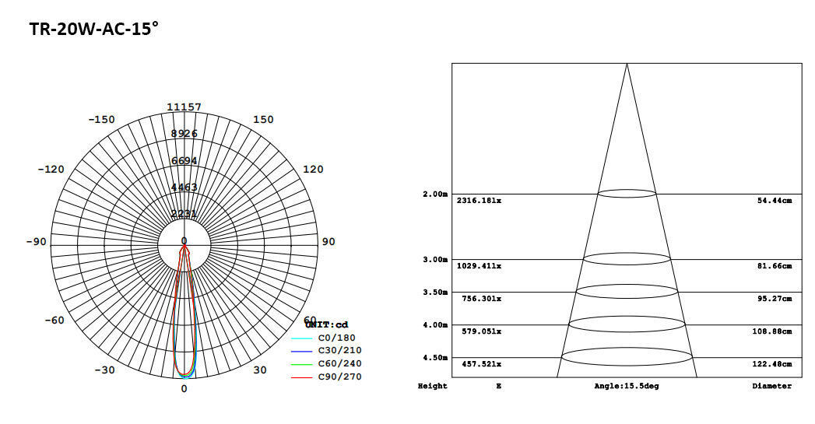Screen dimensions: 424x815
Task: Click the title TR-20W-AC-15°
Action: tap(93, 30)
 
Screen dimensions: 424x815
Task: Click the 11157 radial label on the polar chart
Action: tap(184, 107)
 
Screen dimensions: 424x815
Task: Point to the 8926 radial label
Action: tap(184, 134)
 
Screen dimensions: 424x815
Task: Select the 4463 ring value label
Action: tap(184, 187)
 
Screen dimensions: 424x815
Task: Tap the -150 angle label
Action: tap(101, 120)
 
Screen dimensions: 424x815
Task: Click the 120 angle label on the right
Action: tap(313, 170)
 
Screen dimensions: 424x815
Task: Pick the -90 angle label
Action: tap(36, 242)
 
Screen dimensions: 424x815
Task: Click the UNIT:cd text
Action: tap(327, 324)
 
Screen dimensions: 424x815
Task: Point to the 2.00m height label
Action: tap(435, 194)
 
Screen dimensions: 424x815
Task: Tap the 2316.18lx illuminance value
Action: tap(479, 201)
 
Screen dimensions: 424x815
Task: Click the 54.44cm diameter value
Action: tap(774, 201)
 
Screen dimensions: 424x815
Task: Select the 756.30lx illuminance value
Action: tap(479, 299)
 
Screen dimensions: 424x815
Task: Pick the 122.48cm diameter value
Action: tap(774, 364)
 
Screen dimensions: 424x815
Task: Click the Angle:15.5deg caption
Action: tap(627, 387)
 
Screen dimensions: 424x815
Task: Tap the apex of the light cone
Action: tap(627, 64)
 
